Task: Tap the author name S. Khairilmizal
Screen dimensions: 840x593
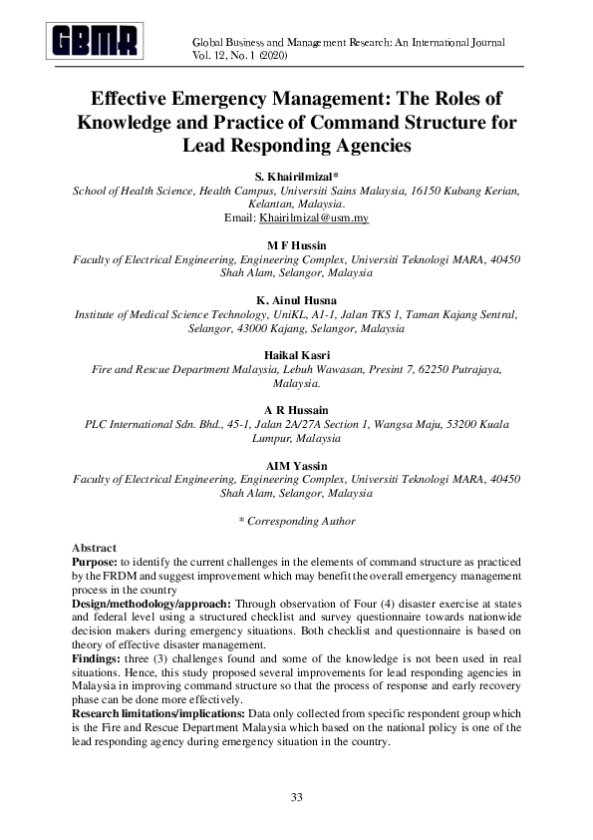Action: (x=297, y=176)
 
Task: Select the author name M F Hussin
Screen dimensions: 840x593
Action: (x=297, y=244)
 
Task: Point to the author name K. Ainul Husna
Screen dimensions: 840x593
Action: (x=297, y=299)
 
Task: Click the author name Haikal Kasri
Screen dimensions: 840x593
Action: (x=297, y=354)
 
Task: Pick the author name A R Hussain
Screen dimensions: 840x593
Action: (x=297, y=410)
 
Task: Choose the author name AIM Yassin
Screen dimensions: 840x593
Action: (x=297, y=465)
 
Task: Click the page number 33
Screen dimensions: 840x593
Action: (x=296, y=796)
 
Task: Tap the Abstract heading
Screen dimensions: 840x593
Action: (x=95, y=549)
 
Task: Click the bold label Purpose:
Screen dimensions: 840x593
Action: (x=97, y=563)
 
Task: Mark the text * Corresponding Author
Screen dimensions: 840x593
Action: (x=297, y=521)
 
